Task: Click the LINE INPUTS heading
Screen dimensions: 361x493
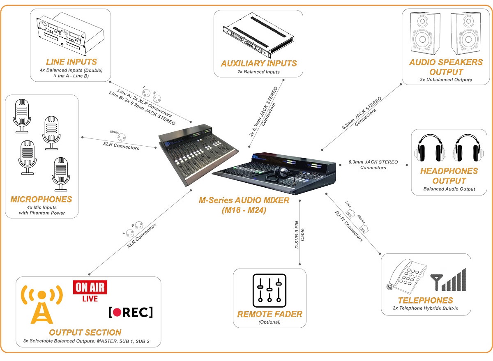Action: [71, 62]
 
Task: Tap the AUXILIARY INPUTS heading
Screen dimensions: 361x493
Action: [258, 63]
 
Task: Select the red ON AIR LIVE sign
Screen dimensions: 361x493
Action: [90, 291]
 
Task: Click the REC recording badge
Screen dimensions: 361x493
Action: [131, 312]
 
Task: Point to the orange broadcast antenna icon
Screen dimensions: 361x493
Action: [41, 304]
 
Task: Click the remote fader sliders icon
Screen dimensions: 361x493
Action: [269, 290]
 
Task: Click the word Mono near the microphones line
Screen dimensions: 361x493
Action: [114, 132]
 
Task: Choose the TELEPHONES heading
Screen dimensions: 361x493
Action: [425, 300]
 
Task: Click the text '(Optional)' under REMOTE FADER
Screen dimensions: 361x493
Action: [269, 322]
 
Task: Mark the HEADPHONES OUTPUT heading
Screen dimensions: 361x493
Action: [449, 176]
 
